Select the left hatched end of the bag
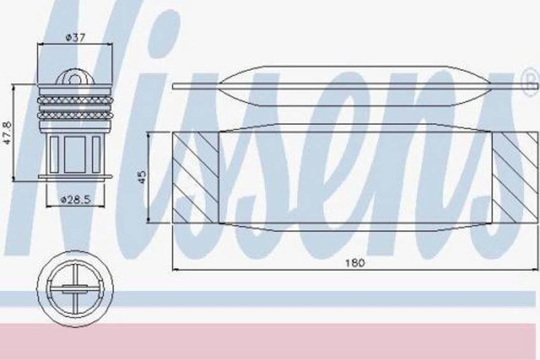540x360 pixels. pos(196,176)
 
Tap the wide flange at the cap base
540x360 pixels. pos(73,178)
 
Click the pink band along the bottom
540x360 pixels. pos(270,341)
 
